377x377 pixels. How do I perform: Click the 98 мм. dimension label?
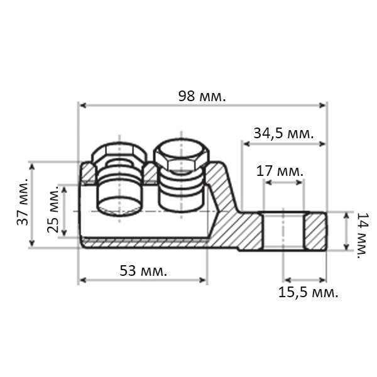point(202,96)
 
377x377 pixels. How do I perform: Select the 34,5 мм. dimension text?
point(284,133)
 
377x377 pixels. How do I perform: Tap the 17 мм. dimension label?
point(280,171)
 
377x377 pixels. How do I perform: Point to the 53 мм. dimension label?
point(143,271)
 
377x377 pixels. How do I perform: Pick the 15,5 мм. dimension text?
point(309,293)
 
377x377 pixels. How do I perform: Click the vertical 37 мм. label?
point(23,202)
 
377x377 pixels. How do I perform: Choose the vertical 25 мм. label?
point(53,209)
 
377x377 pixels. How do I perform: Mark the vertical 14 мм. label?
point(361,235)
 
